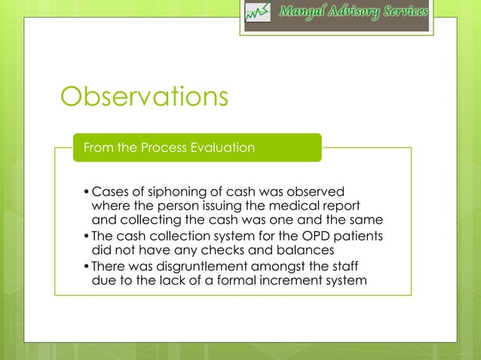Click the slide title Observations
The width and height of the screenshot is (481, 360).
pyautogui.click(x=143, y=97)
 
